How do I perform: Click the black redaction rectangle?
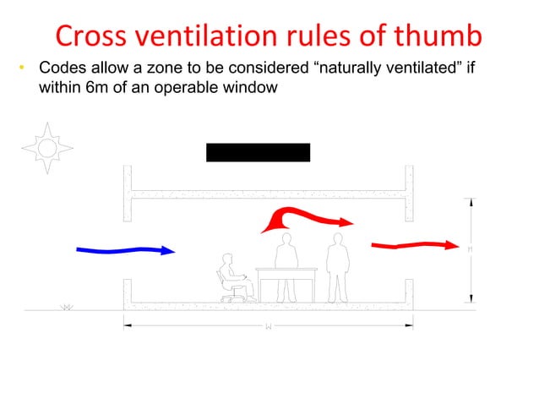(x=259, y=152)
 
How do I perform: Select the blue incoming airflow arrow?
(x=125, y=250)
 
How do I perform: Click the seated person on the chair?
(x=232, y=278)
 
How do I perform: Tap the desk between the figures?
(x=286, y=273)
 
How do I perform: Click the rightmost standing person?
(x=338, y=265)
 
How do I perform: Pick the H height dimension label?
(x=469, y=248)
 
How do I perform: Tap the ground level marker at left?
(x=66, y=307)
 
